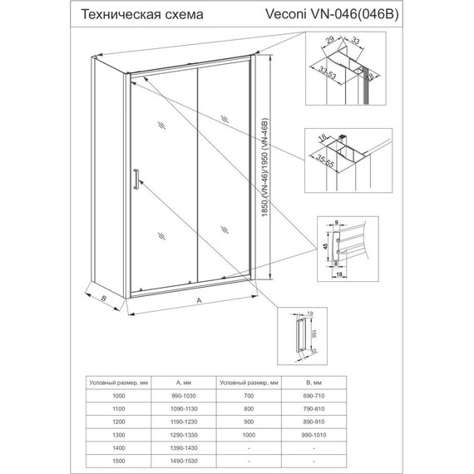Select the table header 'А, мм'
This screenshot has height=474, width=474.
point(184,383)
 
